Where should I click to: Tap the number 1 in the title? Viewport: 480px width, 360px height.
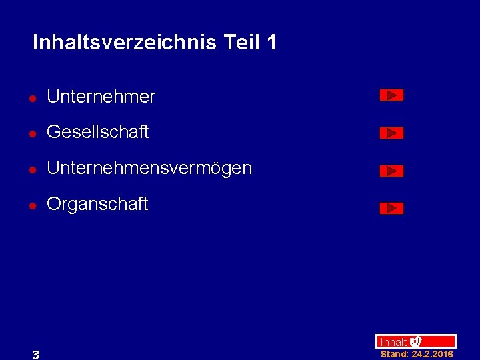271,43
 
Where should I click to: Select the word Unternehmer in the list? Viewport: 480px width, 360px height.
101,97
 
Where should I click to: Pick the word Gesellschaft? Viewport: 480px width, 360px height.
97,133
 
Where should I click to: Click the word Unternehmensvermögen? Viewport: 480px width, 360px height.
149,168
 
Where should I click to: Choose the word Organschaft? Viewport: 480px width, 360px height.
97,204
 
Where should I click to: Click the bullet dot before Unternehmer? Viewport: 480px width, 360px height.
31,98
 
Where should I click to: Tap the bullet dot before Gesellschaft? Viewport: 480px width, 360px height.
31,133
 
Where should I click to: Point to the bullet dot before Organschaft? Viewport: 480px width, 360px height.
31,205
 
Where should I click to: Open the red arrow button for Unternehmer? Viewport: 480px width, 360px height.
391,95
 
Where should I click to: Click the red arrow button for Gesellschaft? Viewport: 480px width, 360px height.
391,133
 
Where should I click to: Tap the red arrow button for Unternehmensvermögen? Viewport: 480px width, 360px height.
391,171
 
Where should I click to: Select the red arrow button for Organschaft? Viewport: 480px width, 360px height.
391,209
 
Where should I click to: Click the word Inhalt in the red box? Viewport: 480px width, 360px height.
393,342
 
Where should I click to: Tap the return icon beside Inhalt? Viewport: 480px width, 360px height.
415,341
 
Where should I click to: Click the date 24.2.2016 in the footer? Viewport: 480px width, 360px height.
433,355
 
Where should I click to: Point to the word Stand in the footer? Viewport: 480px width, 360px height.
394,355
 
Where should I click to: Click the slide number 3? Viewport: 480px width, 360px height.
36,355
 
